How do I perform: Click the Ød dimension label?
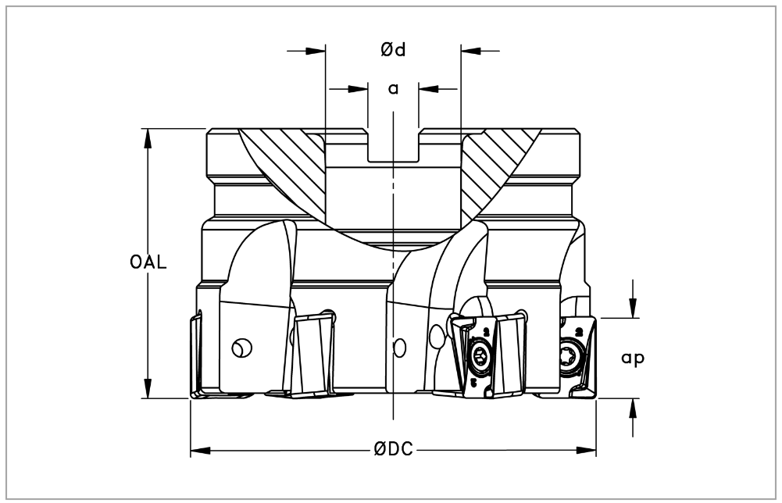[x=394, y=49]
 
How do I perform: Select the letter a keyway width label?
[x=394, y=89]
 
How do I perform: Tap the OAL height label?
[x=148, y=262]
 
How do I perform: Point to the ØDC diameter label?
[x=394, y=449]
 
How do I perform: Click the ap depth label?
[x=633, y=359]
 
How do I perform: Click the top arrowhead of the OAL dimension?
[x=148, y=138]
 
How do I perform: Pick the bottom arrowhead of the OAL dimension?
[x=148, y=389]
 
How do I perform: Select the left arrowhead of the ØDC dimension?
[x=201, y=451]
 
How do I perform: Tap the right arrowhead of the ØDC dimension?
[x=587, y=451]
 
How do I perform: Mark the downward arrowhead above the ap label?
[x=633, y=308]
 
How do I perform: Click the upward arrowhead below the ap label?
[x=633, y=408]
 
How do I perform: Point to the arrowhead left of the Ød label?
[x=315, y=50]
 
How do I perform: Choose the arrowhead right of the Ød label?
[x=471, y=50]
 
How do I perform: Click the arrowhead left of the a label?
[x=358, y=89]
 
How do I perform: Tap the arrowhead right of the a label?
[x=428, y=89]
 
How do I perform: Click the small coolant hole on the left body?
[x=242, y=348]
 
